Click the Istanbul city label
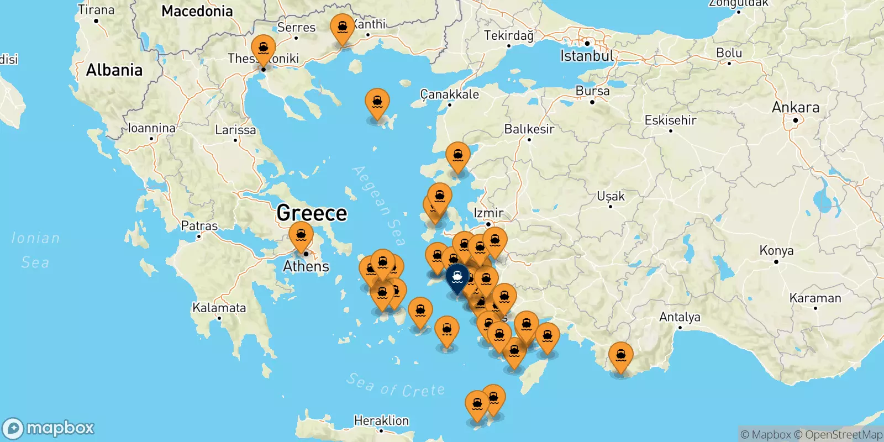586,56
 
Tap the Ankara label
795,107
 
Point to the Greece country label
312,213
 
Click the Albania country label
114,70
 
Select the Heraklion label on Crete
381,420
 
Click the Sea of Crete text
396,386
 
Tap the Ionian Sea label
35,250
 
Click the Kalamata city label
219,308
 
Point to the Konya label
776,250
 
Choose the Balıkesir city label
529,129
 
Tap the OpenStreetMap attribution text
843,435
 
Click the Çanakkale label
449,94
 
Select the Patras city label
199,225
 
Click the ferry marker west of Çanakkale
377,103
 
